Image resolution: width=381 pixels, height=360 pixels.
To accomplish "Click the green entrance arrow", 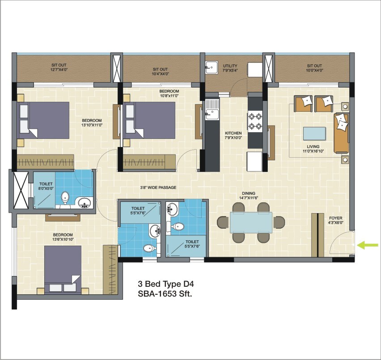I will [x=369, y=245].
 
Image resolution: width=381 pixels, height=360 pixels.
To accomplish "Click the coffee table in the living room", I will [x=314, y=134].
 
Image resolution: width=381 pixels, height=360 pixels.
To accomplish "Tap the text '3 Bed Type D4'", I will [x=166, y=284].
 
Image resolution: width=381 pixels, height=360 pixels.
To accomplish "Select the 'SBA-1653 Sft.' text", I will [x=165, y=293].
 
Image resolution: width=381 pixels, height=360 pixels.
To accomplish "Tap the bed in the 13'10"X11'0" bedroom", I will [x=43, y=120].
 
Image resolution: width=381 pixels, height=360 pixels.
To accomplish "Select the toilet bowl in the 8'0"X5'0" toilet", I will [x=65, y=197].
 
